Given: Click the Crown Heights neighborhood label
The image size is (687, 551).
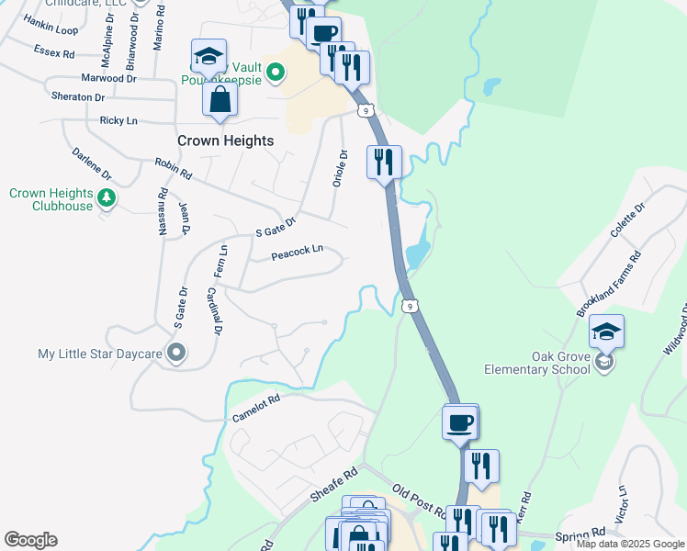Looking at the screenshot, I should click(x=225, y=141).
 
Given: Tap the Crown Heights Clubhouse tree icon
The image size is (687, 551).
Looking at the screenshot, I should click(x=107, y=197).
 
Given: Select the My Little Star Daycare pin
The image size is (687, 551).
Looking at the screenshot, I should click(x=177, y=353).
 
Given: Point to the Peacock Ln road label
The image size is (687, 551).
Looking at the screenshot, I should click(x=298, y=251).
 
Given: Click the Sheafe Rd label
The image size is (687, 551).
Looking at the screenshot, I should click(x=333, y=483).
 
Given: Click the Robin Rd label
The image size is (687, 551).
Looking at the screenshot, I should click(x=174, y=168).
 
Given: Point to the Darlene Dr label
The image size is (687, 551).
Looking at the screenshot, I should click(x=91, y=162).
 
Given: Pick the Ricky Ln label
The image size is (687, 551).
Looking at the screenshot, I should click(x=118, y=120).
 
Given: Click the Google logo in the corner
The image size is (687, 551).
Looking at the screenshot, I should click(x=30, y=540).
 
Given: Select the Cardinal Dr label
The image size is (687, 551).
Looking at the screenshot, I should click(x=212, y=310).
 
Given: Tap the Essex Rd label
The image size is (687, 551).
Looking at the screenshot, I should click(x=53, y=52).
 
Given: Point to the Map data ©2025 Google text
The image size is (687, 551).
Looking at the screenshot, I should click(x=630, y=544).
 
